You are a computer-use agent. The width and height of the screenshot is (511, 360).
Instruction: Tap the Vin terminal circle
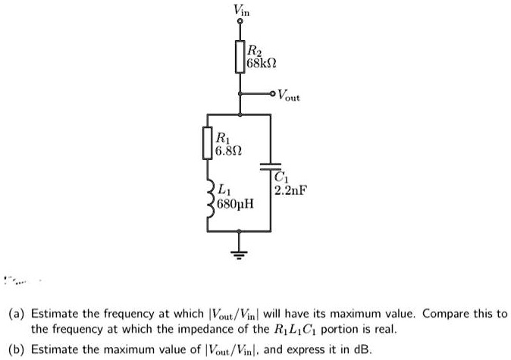click(240, 23)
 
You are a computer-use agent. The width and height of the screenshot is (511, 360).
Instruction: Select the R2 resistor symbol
click(240, 57)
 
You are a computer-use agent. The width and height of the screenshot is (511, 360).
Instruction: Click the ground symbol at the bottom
click(240, 253)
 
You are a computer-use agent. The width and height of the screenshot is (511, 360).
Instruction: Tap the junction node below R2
click(240, 114)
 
